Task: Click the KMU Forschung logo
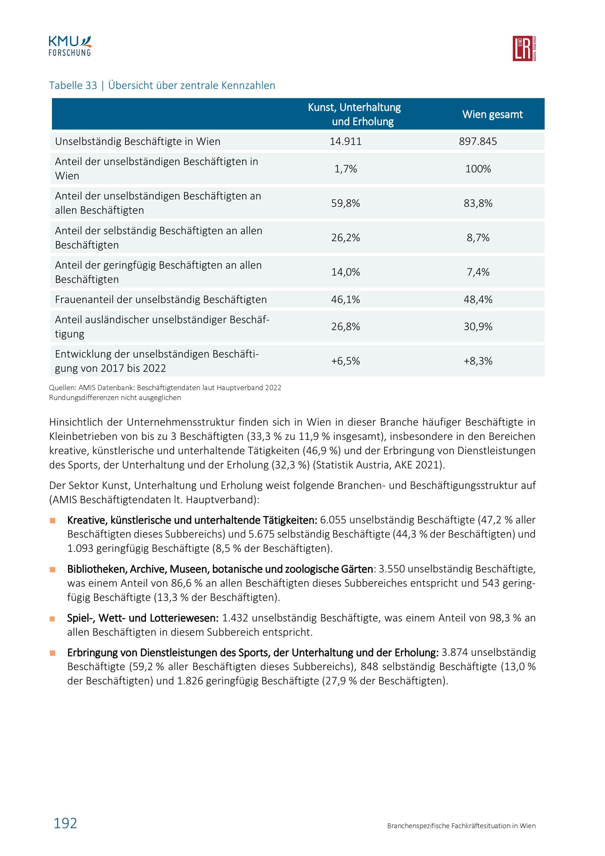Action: [x=70, y=46]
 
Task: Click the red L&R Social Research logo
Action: [x=524, y=48]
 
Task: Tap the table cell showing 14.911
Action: [x=345, y=142]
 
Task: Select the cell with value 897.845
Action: [x=478, y=142]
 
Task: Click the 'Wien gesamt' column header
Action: [x=492, y=114]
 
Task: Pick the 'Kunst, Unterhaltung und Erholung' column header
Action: [x=354, y=114]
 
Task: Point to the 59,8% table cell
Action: [x=345, y=203]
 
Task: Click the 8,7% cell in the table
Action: [x=478, y=238]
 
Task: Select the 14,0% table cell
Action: [x=345, y=272]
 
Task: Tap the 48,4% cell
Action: [x=478, y=299]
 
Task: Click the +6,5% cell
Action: [x=345, y=361]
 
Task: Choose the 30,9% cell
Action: [x=478, y=327]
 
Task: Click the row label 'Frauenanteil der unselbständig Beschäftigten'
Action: [x=161, y=299]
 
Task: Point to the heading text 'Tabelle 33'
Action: [x=73, y=85]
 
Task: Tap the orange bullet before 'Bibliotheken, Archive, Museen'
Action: [x=53, y=570]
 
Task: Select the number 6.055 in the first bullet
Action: [x=333, y=520]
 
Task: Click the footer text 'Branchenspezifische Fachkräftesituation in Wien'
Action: [x=461, y=826]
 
